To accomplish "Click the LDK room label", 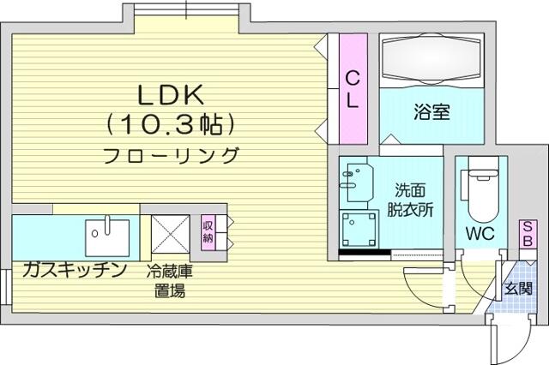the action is coord(171,95).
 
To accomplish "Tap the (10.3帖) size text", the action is coord(171,125).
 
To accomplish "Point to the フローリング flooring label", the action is coord(172,155).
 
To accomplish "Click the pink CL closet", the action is coord(353,88).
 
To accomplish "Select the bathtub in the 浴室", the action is coord(431,59).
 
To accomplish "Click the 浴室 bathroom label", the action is coord(431,112).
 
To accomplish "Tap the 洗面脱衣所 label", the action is coord(410,200).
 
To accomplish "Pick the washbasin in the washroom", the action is coord(357,182).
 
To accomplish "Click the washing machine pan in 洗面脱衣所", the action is coord(359,230).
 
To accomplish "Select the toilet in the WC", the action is coord(481,190).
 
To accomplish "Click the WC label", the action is coord(480,234).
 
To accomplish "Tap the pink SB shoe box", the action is coord(528,234).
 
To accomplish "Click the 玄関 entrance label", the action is coord(518,289).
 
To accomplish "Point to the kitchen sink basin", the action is coord(107,237).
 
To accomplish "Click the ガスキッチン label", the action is coord(75,270).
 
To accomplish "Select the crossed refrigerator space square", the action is coord(171,234).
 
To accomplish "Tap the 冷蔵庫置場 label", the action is coord(170,281).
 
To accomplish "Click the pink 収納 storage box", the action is coord(208,232).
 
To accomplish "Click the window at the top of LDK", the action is coord(187,9).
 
